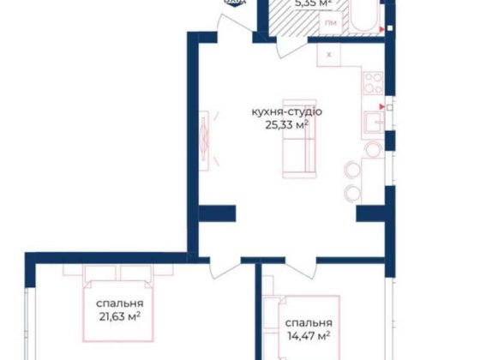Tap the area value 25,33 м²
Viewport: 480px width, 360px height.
[x=286, y=125]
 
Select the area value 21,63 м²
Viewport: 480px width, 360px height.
[x=119, y=317]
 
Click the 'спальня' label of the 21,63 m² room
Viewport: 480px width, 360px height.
[x=119, y=303]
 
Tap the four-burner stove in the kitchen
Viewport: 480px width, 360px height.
[x=374, y=84]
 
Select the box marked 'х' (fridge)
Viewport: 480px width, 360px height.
[x=329, y=54]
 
